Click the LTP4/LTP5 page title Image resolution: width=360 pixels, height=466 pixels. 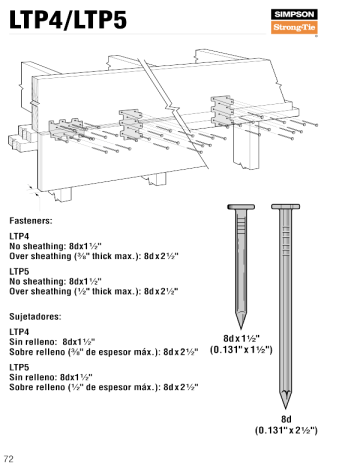click(68, 19)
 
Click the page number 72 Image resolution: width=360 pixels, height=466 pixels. click(9, 458)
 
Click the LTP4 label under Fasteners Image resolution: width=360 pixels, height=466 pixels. click(19, 235)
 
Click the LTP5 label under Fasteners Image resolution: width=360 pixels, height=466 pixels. click(19, 272)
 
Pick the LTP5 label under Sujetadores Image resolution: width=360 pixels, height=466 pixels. click(19, 367)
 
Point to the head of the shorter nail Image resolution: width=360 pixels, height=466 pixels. click(239, 206)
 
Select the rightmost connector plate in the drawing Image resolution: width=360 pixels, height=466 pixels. click(226, 106)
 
